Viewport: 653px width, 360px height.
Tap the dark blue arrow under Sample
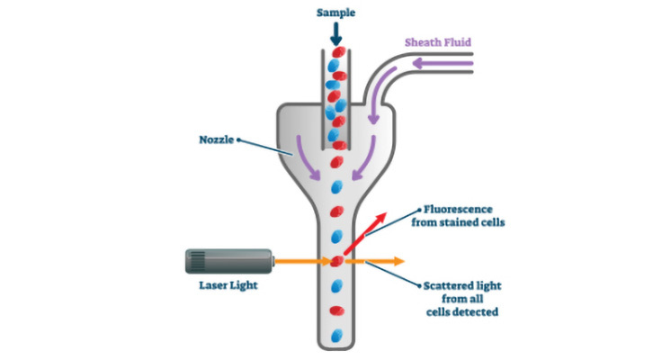point(335,34)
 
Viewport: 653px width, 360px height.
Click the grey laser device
point(229,261)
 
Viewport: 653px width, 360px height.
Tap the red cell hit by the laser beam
point(337,262)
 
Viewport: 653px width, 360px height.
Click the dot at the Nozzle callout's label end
point(238,139)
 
